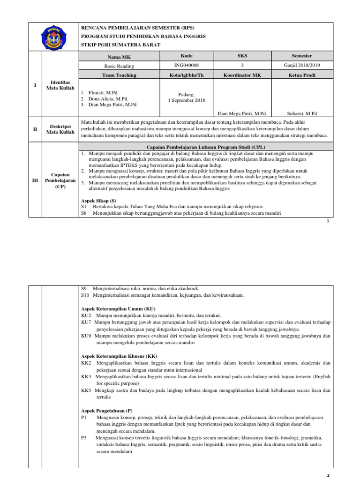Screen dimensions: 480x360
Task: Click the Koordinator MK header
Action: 242,75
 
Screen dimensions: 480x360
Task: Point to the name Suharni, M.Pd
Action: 302,113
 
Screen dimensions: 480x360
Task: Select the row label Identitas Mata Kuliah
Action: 61,85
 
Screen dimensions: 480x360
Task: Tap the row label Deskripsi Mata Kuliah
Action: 61,129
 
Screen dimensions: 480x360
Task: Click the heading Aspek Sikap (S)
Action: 98,200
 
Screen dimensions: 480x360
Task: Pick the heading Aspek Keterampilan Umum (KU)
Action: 118,309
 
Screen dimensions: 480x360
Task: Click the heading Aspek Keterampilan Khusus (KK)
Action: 119,356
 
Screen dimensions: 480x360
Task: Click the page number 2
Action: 329,475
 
